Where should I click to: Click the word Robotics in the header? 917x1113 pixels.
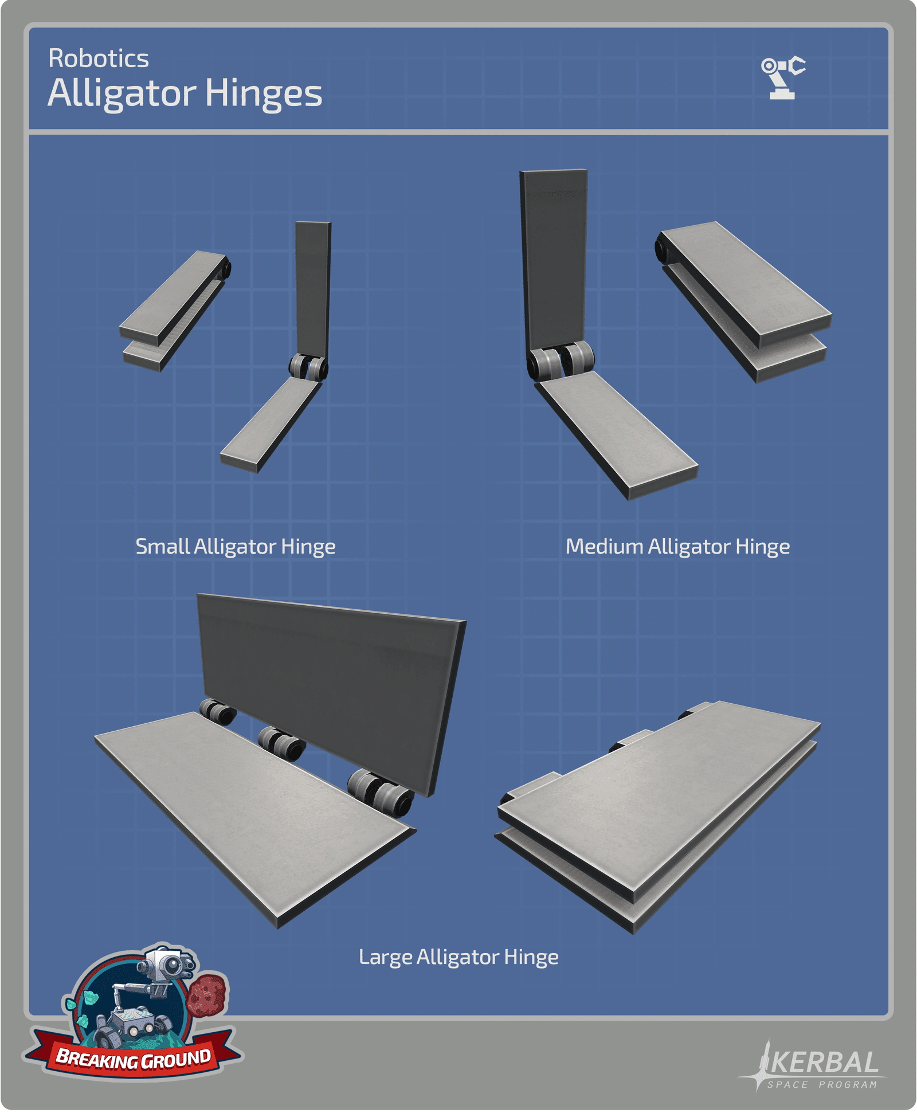click(x=99, y=58)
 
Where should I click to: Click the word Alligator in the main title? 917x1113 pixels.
click(x=122, y=93)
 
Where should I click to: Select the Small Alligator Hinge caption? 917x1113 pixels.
click(x=236, y=547)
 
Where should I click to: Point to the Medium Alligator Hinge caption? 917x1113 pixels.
click(x=678, y=547)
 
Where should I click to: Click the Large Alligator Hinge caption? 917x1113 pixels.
click(x=458, y=957)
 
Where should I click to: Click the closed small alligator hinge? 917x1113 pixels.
click(x=175, y=310)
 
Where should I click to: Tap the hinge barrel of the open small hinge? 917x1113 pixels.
click(x=308, y=366)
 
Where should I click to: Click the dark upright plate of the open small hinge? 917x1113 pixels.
click(x=313, y=289)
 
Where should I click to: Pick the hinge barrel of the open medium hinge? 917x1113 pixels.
click(x=561, y=360)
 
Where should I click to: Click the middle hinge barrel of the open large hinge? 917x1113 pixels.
click(x=282, y=743)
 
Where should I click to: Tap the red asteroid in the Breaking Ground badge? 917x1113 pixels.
click(x=207, y=996)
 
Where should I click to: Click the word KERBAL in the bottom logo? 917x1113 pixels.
click(x=824, y=1062)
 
